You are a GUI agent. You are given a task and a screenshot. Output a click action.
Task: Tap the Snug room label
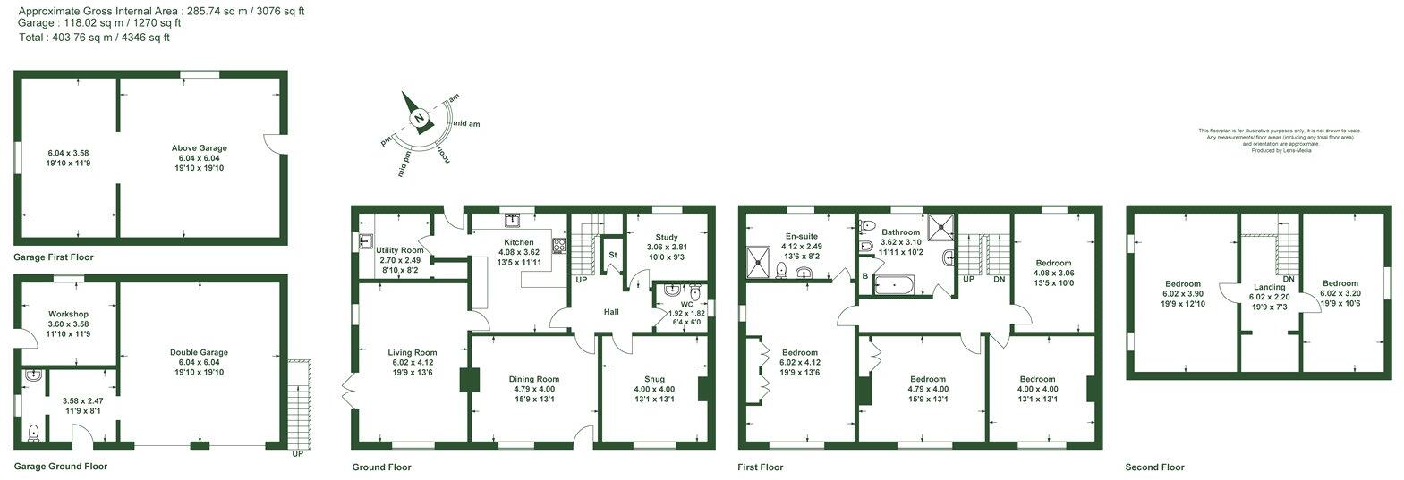click(x=654, y=378)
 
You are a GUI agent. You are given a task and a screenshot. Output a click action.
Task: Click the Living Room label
click(x=413, y=351)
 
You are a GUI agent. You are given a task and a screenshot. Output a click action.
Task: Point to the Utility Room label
click(x=399, y=249)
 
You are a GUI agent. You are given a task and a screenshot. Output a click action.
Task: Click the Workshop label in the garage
click(x=68, y=314)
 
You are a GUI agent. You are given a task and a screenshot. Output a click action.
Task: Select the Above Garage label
click(x=200, y=147)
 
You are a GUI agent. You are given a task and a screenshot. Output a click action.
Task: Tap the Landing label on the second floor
click(x=1269, y=287)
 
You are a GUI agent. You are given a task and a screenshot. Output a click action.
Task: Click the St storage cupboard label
click(x=613, y=255)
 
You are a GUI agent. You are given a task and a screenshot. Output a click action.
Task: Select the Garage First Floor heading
click(x=54, y=257)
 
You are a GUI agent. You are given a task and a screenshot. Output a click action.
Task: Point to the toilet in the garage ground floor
click(x=33, y=433)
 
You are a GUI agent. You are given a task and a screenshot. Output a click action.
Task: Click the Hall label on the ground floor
click(x=611, y=312)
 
